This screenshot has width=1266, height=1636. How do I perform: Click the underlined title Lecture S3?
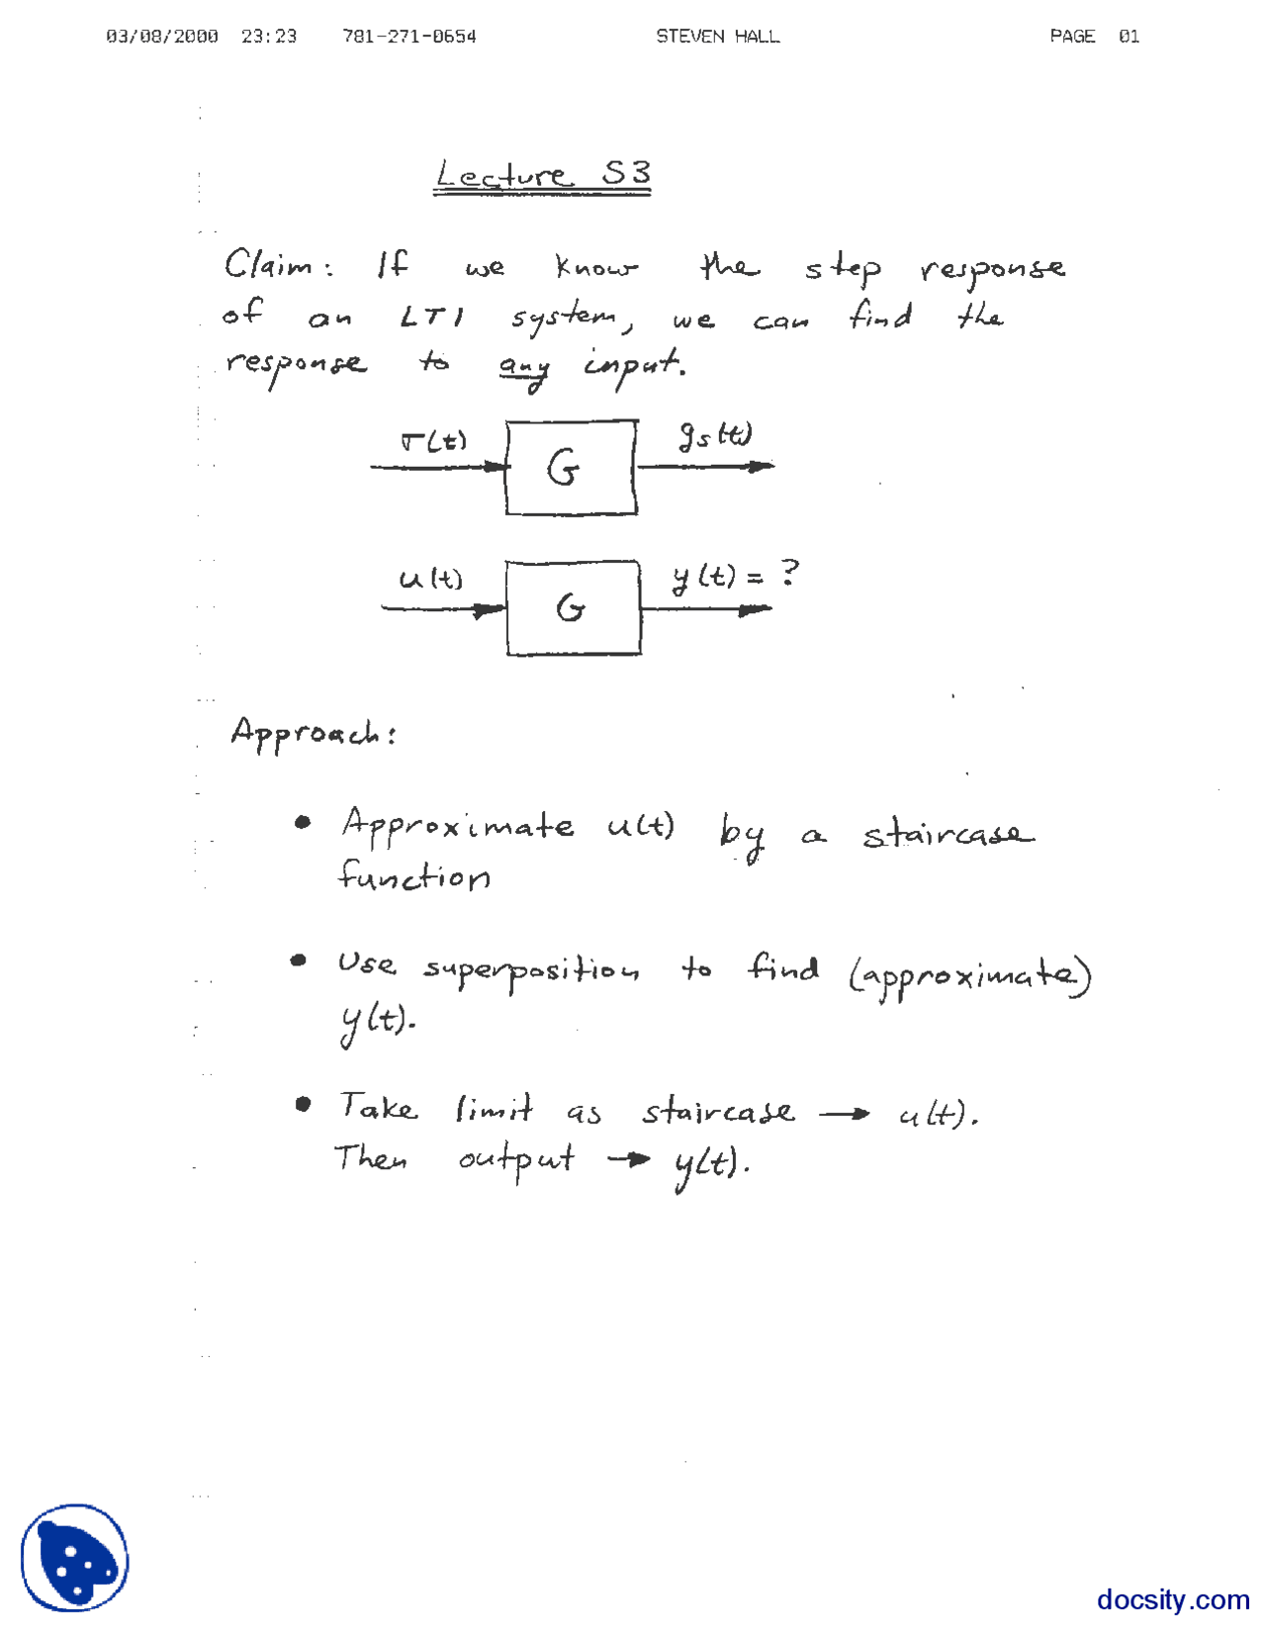542,175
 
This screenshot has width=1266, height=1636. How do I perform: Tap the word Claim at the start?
267,265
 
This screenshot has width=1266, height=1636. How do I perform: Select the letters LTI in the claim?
431,318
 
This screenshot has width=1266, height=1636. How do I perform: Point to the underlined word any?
523,368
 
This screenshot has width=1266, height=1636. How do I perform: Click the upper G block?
571,467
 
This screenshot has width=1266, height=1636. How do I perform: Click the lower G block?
573,607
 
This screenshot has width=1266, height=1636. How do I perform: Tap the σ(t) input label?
433,441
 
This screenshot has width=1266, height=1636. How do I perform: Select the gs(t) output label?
714,435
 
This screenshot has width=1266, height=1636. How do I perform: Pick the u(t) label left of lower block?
430,579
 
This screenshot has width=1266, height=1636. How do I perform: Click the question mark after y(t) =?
788,573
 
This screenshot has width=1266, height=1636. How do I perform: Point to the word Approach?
312,733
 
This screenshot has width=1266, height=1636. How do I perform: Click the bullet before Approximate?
303,822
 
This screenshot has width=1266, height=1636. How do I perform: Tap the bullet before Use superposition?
298,960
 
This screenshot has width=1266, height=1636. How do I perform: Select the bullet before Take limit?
303,1104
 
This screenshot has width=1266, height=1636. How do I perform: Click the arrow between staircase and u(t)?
845,1115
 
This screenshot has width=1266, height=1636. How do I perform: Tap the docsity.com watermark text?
1172,1599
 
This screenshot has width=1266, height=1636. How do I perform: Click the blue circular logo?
75,1559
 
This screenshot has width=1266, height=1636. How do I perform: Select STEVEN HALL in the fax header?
717,37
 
